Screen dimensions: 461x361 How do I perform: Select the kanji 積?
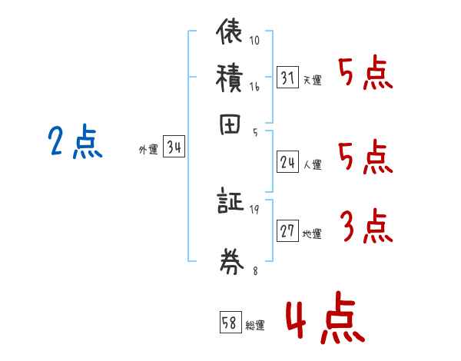coord(230,77)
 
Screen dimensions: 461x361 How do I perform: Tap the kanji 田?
coord(230,124)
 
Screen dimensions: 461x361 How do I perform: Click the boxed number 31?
coord(287,78)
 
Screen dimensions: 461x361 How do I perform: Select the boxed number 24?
coord(287,162)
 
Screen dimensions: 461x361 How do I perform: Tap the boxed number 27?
coord(287,231)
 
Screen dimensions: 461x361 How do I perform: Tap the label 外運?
coord(148,151)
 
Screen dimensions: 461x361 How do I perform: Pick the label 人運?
coord(312,164)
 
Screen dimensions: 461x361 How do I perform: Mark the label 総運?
coord(255,326)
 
